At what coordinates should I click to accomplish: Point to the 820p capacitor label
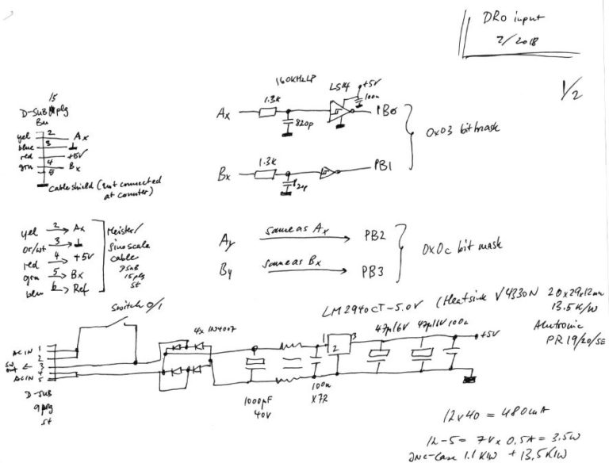click(304, 125)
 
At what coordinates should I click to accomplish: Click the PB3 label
click(373, 271)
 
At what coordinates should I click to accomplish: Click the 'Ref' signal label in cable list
click(79, 293)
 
